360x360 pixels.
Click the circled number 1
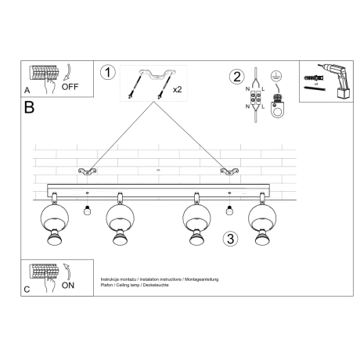pos(109,73)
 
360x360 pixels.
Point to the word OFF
pos(70,87)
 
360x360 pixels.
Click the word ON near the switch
pos(69,286)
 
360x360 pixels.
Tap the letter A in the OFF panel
pos(27,90)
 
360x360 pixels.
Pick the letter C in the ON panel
pos(27,290)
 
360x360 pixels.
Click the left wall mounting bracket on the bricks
pos(86,171)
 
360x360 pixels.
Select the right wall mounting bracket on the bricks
pos(229,171)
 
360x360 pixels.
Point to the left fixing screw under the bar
pos(87,211)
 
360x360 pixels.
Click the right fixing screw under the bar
pos(229,211)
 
